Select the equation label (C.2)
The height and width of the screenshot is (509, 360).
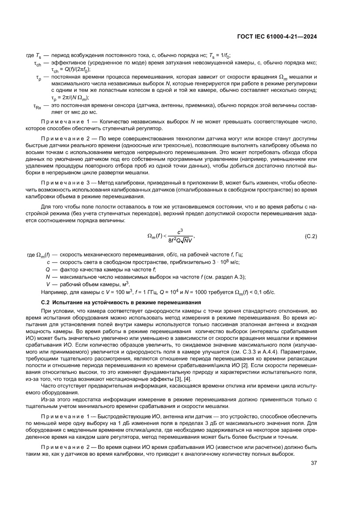tap(310, 236)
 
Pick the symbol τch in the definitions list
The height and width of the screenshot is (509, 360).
tap(37, 64)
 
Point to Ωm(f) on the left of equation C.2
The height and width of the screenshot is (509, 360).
tap(156, 236)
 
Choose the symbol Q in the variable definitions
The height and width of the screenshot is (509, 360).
tap(48, 269)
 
